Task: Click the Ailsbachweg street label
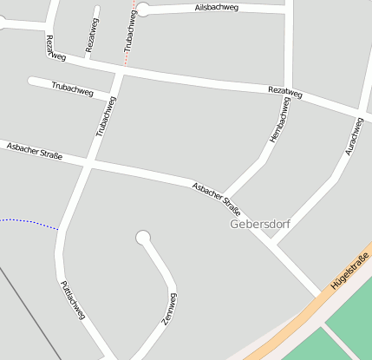217,8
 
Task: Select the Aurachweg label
352,138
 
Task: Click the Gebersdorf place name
259,224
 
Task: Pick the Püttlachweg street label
72,298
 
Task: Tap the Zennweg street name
169,309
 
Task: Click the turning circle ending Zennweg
143,237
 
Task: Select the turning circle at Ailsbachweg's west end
143,10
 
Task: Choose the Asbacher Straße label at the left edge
34,148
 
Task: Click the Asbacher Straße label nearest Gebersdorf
217,197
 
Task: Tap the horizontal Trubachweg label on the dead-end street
71,88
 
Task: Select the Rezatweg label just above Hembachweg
285,91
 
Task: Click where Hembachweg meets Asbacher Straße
226,197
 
